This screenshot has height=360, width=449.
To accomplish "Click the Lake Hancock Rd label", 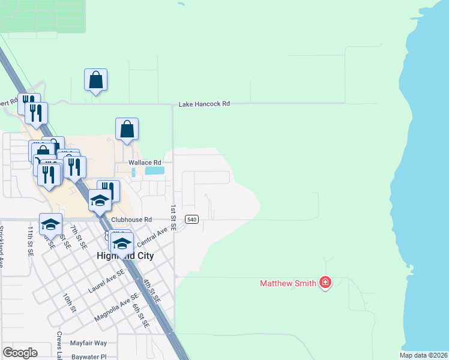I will (x=204, y=104).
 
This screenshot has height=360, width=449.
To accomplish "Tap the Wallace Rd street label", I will (x=145, y=163).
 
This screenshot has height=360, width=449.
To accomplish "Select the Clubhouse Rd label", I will (x=131, y=220).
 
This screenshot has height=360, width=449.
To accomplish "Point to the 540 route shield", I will (x=191, y=220).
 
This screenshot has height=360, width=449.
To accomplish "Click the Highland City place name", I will (x=125, y=256).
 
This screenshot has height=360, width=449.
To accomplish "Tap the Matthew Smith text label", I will (x=288, y=283).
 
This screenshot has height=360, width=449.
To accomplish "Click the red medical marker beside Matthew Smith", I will (x=325, y=282).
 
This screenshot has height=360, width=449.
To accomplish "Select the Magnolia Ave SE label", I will (x=116, y=306).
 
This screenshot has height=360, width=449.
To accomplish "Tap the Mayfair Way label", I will (x=88, y=343).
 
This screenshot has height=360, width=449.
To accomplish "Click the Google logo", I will (x=20, y=352).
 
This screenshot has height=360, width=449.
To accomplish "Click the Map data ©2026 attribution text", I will (x=423, y=355).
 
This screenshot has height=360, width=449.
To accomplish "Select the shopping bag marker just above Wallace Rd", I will (x=127, y=128).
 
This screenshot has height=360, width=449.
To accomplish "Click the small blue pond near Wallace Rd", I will (x=154, y=170).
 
